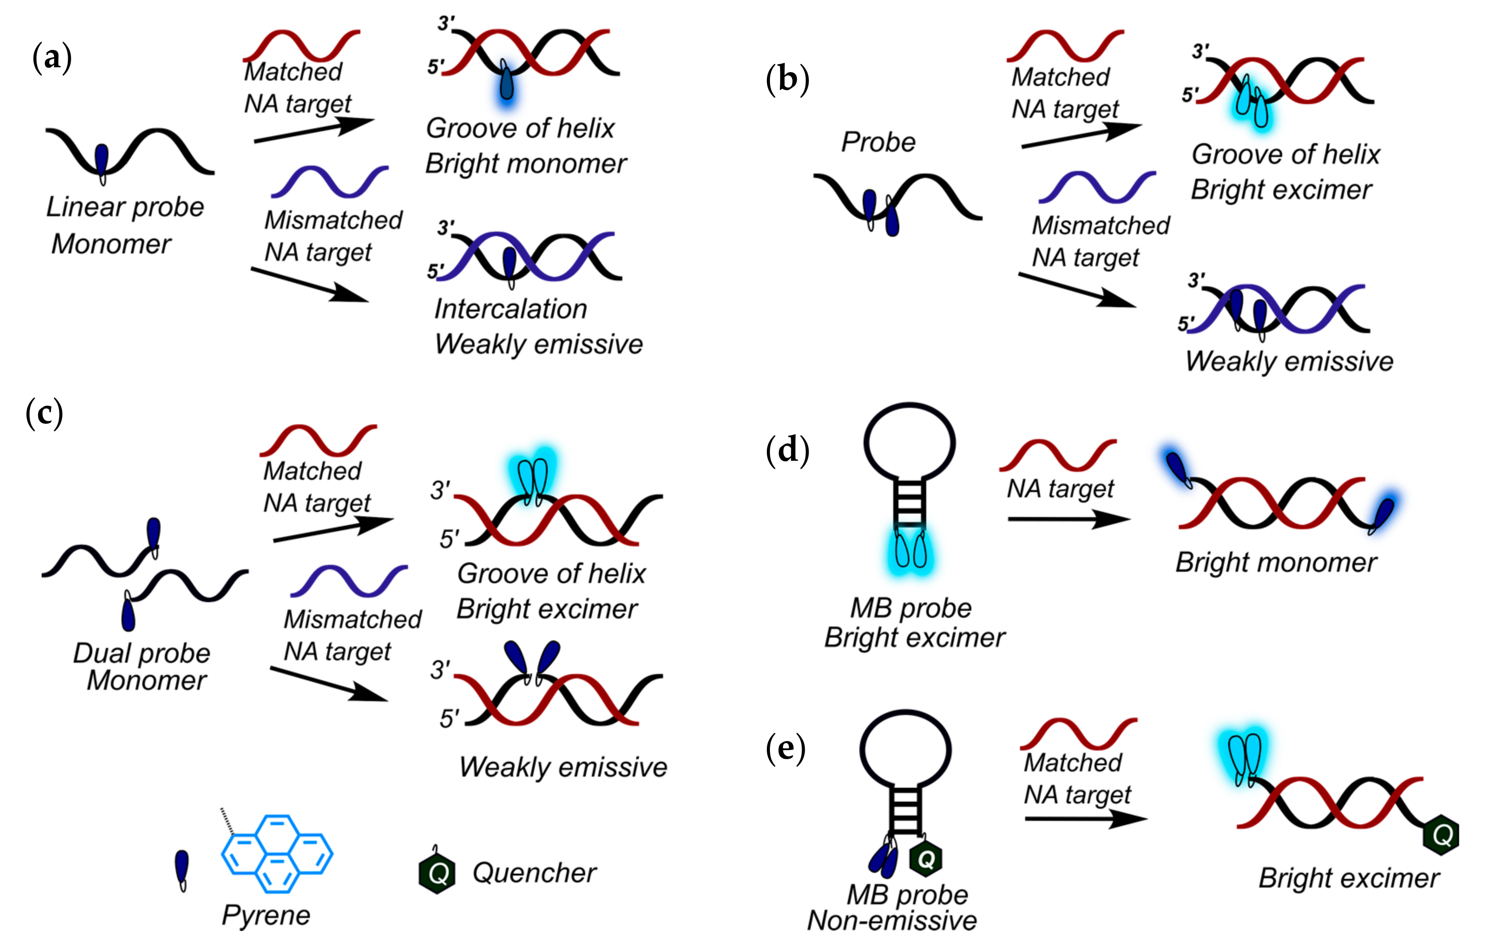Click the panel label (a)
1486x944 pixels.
click(52, 59)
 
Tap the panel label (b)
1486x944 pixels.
click(787, 80)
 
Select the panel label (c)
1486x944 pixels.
click(44, 413)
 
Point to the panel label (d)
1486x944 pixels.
click(787, 450)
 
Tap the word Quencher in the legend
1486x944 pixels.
click(534, 872)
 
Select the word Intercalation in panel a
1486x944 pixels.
click(510, 308)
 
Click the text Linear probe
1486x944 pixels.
click(125, 207)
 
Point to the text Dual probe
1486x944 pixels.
click(142, 653)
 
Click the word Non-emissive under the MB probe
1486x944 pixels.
click(892, 921)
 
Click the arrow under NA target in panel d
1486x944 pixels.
click(1069, 519)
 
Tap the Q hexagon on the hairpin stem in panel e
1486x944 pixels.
click(926, 858)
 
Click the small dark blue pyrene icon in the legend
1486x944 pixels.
click(182, 870)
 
